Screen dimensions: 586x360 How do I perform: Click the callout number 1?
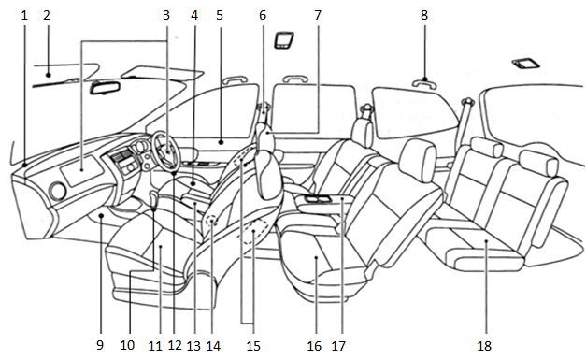click(x=24, y=15)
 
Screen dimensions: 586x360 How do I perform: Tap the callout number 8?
click(x=423, y=15)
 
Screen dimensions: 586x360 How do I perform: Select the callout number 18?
click(x=484, y=346)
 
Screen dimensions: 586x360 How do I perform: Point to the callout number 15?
click(x=253, y=346)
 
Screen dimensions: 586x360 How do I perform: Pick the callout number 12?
click(x=175, y=345)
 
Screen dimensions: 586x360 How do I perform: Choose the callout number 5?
click(x=220, y=15)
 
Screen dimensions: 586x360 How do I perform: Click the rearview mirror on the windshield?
click(x=105, y=88)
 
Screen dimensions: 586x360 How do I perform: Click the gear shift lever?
click(x=153, y=199)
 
